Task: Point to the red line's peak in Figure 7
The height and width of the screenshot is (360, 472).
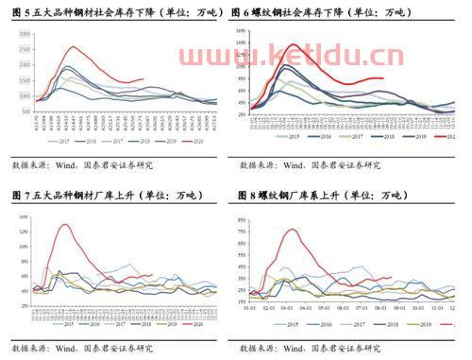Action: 64,224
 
